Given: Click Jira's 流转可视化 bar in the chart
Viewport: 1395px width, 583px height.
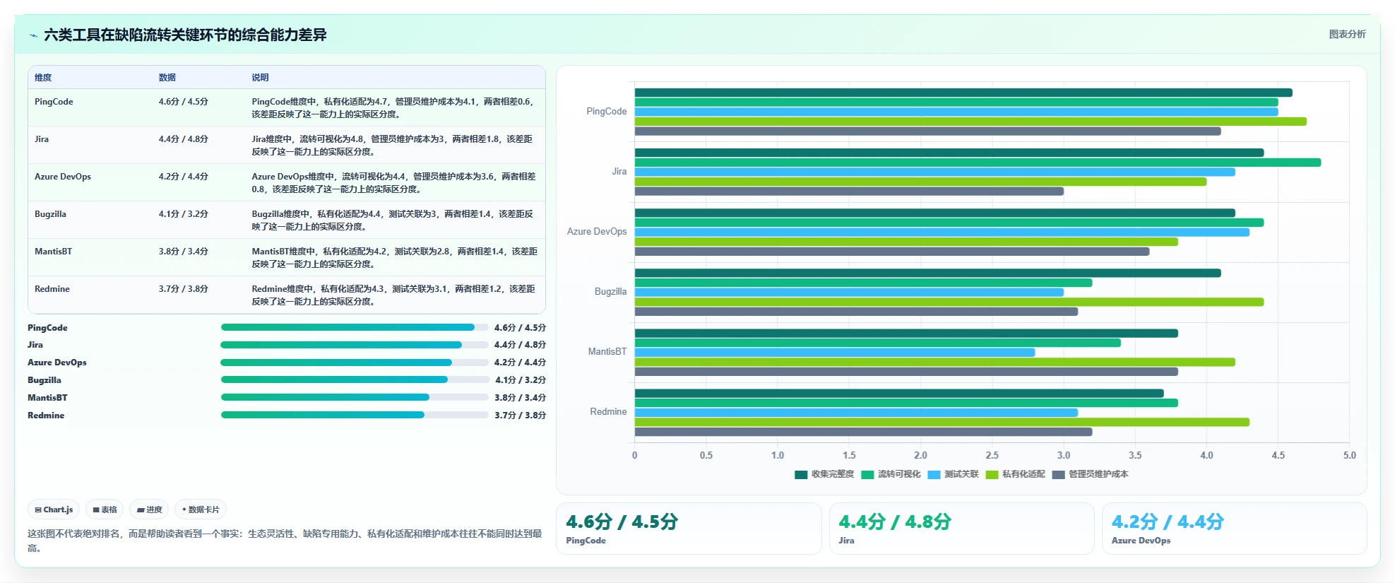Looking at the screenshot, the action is click(x=978, y=163).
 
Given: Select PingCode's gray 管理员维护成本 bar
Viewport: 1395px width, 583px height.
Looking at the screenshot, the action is click(x=927, y=131).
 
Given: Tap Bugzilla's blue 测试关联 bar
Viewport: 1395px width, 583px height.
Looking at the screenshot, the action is click(x=849, y=292).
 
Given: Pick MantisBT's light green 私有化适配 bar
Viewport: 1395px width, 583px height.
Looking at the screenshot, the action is click(x=934, y=362).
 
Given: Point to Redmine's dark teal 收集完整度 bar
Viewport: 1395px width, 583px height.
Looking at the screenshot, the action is click(x=899, y=394).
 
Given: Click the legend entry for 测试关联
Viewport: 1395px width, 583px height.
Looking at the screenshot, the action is click(x=953, y=474).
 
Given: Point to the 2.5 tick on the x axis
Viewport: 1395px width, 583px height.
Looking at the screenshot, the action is click(x=992, y=455).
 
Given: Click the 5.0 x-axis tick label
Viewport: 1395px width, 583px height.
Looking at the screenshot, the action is click(x=1349, y=455).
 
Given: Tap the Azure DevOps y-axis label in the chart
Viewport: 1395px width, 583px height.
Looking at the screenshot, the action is click(x=597, y=231).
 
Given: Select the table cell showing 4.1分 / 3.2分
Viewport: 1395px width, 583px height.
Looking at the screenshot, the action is click(x=184, y=214).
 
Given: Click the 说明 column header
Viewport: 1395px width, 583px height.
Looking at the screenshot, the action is click(x=260, y=78).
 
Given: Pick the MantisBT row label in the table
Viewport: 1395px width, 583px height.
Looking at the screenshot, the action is click(x=53, y=252).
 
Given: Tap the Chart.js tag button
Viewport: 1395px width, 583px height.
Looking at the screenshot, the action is click(x=54, y=510).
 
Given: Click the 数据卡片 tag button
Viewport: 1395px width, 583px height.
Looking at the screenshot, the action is click(x=201, y=510).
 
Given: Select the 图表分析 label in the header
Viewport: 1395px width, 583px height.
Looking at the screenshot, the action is click(x=1347, y=34).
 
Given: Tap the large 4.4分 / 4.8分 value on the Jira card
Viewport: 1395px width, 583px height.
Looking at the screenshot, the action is click(x=895, y=522).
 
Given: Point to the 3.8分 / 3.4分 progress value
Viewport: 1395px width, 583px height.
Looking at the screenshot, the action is click(x=520, y=398).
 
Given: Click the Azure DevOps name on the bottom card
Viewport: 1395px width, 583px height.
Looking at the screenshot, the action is click(x=1141, y=541).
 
